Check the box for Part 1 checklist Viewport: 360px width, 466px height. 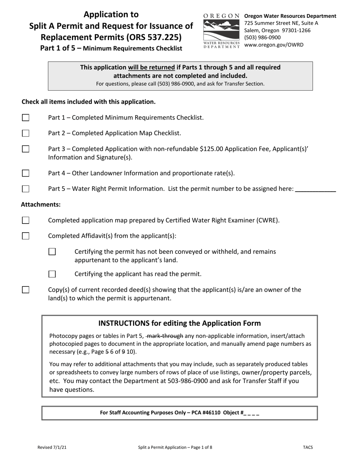tap(25, 118)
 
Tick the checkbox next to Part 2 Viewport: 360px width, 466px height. tap(25, 133)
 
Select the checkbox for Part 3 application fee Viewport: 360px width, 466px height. tap(25, 149)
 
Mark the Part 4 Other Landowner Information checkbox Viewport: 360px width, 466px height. tap(25, 174)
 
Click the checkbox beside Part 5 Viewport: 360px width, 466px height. tap(25, 189)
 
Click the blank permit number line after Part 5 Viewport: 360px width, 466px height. tap(315, 189)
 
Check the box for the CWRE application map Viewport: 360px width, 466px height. tap(25, 220)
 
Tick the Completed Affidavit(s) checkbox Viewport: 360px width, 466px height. tap(25, 236)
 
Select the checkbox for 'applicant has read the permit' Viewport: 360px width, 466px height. tap(52, 274)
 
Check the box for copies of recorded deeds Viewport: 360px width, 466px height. tap(25, 290)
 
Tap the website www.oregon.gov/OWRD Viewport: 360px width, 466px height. tap(274, 45)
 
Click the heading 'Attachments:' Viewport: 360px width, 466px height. tap(41, 205)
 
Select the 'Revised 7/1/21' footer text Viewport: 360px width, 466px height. tap(53, 447)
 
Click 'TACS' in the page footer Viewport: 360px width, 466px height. tap(308, 447)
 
